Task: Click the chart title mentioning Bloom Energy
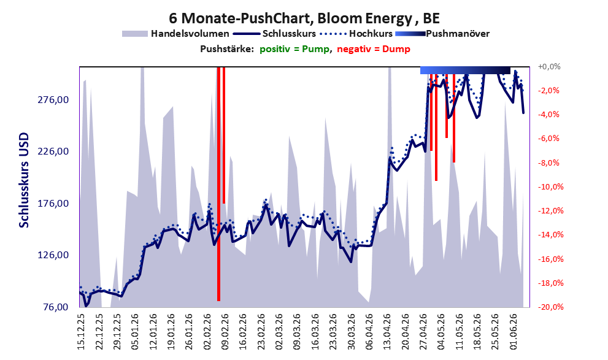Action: [304, 18]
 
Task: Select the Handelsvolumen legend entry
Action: [175, 34]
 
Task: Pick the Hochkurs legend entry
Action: [356, 34]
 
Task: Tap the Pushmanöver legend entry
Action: [442, 34]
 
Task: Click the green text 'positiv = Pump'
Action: [294, 49]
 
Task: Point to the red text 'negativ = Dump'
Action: [374, 49]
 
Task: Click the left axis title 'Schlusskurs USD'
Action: [24, 180]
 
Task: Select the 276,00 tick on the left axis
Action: [53, 100]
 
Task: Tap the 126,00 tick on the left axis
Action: [53, 255]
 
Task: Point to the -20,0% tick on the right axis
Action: [550, 307]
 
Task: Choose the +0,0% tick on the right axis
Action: [549, 67]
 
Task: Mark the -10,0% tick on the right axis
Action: [550, 187]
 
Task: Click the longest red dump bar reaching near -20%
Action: [218, 184]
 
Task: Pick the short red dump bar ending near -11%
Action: [224, 135]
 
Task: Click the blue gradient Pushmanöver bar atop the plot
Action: [465, 70]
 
